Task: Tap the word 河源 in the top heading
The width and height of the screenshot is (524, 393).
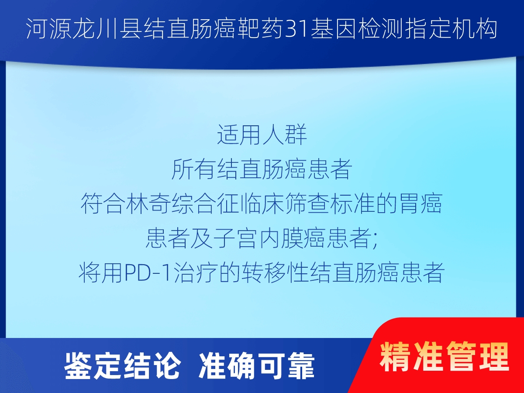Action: click(x=49, y=29)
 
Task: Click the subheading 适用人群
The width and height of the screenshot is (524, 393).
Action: click(x=262, y=134)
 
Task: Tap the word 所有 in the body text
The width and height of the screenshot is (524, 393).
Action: click(x=194, y=169)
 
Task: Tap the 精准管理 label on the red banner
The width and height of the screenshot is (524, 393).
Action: click(x=444, y=356)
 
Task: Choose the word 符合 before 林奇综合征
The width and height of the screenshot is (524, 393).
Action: click(x=103, y=203)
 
